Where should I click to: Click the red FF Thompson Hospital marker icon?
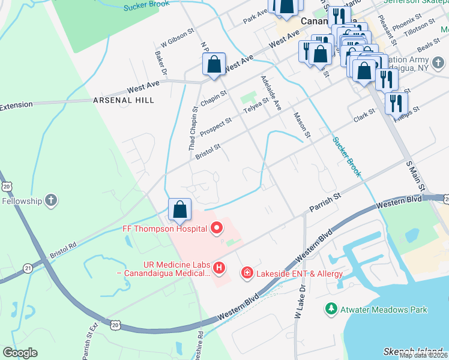[217, 228]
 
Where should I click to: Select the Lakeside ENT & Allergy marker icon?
[246, 274]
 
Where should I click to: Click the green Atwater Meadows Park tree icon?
[330, 310]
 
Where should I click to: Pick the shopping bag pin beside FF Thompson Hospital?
[179, 209]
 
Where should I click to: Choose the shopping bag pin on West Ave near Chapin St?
[214, 64]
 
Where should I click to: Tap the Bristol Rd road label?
[64, 250]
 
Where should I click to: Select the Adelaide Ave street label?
[270, 93]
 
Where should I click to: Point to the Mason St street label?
[301, 125]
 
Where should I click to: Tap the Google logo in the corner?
[20, 353]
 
